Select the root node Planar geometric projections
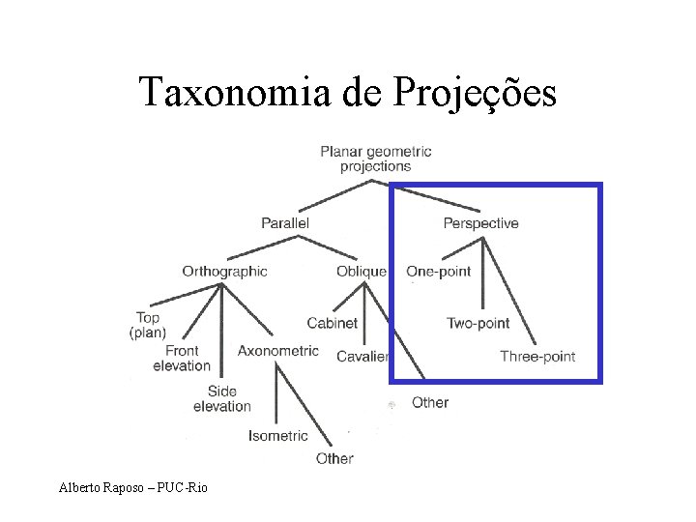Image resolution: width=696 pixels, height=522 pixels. click(375, 159)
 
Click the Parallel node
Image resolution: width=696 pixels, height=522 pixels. click(285, 223)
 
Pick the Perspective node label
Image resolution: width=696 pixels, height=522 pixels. click(480, 223)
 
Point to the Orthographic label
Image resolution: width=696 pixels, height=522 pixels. click(224, 272)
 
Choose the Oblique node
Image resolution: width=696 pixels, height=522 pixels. click(362, 272)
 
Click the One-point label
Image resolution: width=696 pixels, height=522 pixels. click(439, 272)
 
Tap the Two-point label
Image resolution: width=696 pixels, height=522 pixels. click(478, 323)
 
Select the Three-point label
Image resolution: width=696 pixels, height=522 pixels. click(537, 357)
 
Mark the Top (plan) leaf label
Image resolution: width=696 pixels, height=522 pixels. click(148, 325)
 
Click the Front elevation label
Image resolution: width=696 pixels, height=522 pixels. click(181, 358)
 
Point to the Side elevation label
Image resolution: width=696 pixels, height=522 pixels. click(221, 398)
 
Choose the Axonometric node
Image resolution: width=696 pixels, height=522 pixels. click(277, 351)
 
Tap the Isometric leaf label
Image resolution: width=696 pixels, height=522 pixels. click(278, 436)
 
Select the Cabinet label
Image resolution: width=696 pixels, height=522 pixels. click(332, 323)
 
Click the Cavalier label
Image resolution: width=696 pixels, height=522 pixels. click(362, 357)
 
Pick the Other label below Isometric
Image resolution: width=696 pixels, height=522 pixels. click(334, 458)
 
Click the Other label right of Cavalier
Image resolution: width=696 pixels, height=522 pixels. click(429, 401)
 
